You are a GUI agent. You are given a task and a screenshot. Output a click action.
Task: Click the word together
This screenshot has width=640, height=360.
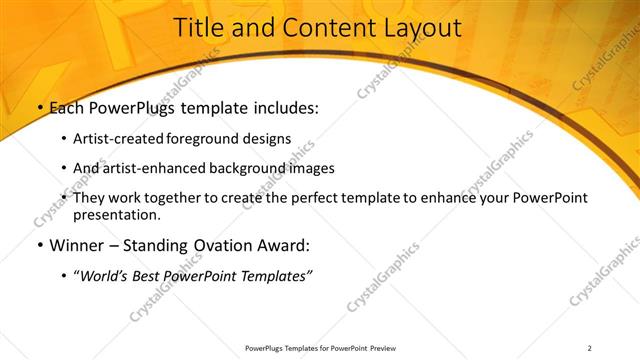[x=174, y=198]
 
